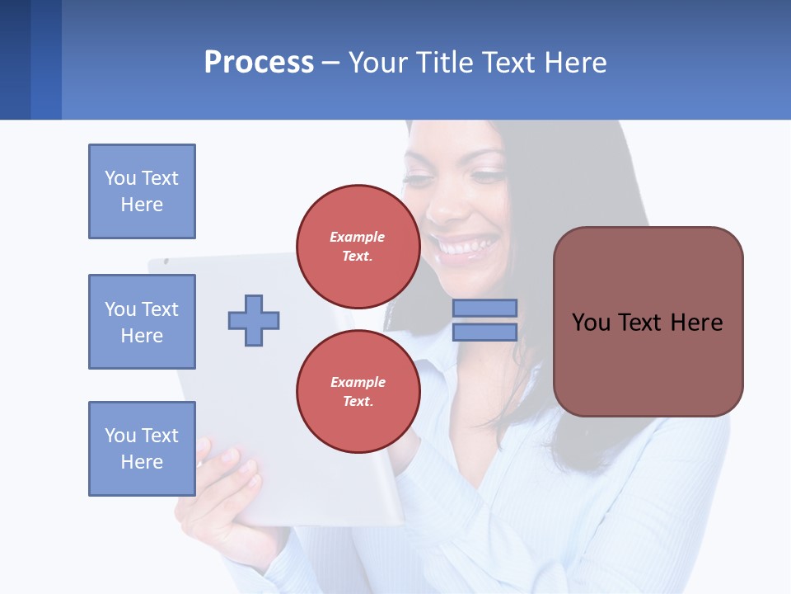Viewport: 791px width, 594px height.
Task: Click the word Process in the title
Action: [x=259, y=63]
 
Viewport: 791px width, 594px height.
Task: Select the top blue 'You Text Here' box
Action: [x=142, y=191]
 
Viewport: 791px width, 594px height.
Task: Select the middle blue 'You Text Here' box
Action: [x=142, y=322]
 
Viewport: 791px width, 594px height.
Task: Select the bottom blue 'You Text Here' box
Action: [x=142, y=449]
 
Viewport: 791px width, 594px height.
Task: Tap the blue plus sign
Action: [x=254, y=320]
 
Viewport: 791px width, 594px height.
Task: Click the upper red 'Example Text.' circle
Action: [x=358, y=246]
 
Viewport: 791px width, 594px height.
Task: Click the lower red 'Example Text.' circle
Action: [x=358, y=391]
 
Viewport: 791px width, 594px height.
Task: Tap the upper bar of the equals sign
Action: [x=484, y=308]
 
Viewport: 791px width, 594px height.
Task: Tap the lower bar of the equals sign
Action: [x=484, y=332]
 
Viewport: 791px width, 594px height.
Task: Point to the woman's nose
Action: [x=445, y=206]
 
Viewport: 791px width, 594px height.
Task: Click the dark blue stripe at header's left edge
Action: [x=15, y=59]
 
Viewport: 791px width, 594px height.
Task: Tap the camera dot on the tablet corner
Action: [x=166, y=262]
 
